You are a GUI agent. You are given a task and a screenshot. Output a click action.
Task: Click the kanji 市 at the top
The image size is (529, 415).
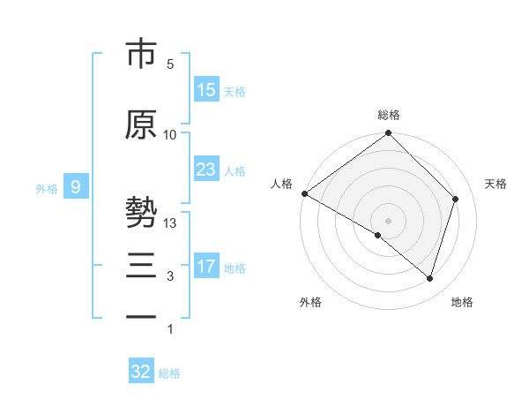click(141, 54)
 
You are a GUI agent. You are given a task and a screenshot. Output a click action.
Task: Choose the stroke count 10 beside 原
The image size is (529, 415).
click(170, 134)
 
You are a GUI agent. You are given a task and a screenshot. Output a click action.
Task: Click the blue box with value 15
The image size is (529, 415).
click(206, 90)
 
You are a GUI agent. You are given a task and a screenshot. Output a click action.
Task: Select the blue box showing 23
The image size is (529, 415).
click(206, 170)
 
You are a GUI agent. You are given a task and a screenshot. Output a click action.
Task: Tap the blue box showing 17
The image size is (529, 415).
click(206, 267)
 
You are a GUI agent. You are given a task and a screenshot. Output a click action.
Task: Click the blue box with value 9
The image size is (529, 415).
click(76, 187)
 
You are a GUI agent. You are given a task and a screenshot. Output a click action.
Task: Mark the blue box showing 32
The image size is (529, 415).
click(141, 372)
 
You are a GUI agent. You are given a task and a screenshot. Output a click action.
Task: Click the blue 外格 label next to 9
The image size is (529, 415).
click(47, 188)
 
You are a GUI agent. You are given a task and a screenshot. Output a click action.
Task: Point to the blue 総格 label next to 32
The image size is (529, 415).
click(169, 373)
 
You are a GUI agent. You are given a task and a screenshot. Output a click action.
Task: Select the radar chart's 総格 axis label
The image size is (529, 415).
click(389, 115)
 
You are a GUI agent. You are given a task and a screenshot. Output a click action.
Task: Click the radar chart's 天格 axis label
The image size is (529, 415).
click(495, 184)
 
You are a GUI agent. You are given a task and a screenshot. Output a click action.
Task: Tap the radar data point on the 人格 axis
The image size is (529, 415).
click(304, 193)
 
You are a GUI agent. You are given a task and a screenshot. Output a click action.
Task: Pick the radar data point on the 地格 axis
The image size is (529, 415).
click(429, 278)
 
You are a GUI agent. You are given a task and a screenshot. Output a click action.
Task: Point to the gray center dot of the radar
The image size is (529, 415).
click(389, 220)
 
